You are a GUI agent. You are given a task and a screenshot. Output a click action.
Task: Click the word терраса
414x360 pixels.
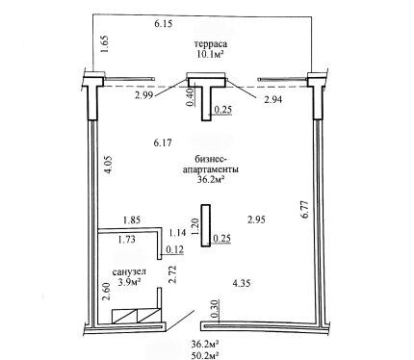coord(211,43)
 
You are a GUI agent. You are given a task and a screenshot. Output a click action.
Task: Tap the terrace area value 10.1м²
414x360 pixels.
coord(210,54)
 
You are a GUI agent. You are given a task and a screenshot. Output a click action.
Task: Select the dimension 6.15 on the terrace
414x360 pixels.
coord(164,24)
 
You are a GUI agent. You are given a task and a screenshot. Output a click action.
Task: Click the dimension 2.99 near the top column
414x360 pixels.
coord(143,95)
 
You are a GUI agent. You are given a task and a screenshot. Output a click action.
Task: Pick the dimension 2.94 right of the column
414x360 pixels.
coord(272,100)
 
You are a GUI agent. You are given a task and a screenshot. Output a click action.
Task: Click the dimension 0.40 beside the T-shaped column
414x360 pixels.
coord(191,97)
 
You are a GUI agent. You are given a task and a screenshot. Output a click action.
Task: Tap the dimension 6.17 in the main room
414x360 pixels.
coord(163,142)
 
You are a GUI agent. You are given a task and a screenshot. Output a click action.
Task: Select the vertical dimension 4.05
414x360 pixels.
coord(108,165)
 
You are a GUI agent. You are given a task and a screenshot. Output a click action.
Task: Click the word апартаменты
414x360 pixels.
coord(211,169)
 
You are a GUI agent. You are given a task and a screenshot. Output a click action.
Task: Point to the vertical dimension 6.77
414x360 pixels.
coord(304,210)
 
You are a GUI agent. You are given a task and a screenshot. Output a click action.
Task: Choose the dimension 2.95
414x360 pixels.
coord(256,219)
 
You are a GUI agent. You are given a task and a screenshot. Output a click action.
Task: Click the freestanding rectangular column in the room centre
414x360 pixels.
coord(206,225)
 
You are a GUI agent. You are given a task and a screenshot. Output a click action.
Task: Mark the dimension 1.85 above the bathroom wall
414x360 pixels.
coord(132,220)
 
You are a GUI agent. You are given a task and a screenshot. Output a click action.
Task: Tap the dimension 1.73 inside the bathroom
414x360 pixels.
coord(126,239)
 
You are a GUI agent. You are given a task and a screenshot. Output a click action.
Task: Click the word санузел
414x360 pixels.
coord(129,272)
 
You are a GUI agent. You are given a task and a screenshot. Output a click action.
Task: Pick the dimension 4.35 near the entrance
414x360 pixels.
coord(242,283)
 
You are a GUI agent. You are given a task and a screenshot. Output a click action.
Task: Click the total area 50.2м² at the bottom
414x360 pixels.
coord(205,355)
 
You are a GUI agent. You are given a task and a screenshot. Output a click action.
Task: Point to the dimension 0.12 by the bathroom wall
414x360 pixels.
coord(174,249)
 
